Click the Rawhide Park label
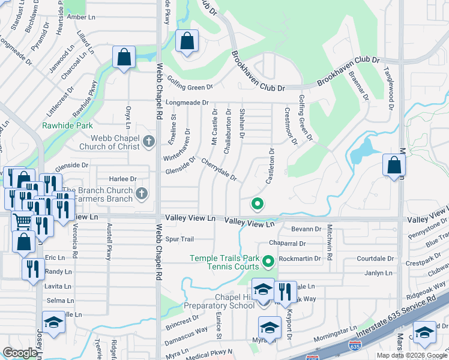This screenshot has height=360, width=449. [x=59, y=126]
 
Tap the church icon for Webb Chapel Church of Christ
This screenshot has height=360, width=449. [x=149, y=142]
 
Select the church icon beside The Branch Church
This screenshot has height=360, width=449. [x=141, y=193]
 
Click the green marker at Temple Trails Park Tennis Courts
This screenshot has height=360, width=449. [x=268, y=260]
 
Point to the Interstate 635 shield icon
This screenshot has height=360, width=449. [x=355, y=346]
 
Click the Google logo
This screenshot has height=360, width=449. [x=20, y=352]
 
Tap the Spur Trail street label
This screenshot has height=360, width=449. [x=179, y=239]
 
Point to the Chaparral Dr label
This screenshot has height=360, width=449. [x=288, y=244]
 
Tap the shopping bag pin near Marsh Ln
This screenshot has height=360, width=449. [x=394, y=166]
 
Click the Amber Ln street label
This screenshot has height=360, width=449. [x=78, y=17]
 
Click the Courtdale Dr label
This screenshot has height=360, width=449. [x=374, y=259]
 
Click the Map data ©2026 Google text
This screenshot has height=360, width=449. [x=411, y=355]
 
